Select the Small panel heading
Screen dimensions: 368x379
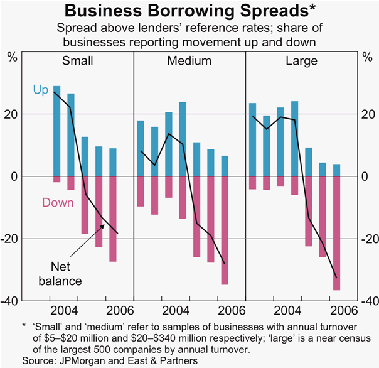pos(77,61)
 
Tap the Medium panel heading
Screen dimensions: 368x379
pos(189,61)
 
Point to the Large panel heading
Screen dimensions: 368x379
pos(301,61)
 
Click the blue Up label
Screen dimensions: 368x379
pos(40,90)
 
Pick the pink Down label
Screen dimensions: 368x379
pos(58,203)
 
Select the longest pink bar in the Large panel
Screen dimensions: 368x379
pos(336,233)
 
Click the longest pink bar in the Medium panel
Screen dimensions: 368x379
pos(225,230)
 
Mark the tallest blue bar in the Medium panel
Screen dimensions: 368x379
pos(183,139)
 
